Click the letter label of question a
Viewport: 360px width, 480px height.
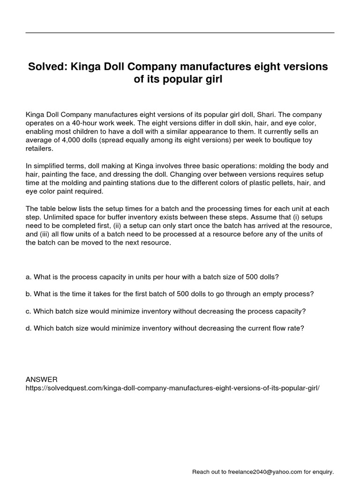pos(28,277)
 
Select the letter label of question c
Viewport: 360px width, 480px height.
pos(28,311)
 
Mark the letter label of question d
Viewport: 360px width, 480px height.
pos(28,328)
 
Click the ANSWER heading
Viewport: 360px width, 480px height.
pos(41,379)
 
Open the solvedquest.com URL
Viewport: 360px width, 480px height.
pos(172,388)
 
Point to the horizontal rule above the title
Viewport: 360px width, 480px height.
pos(180,33)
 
